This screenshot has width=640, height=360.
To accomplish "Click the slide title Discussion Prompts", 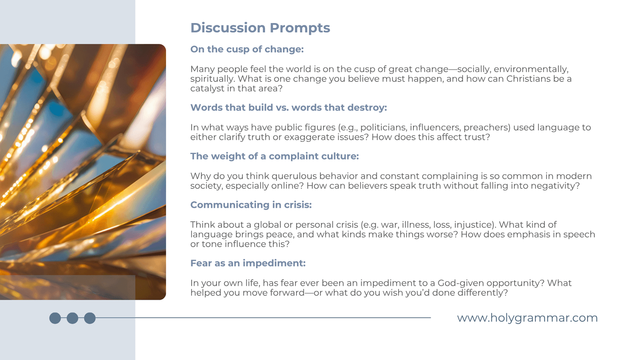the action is (x=260, y=28).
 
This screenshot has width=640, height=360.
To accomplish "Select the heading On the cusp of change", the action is (x=247, y=49).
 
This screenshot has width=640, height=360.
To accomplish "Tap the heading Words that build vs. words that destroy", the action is (x=288, y=107).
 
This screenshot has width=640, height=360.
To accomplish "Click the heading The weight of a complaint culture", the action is (x=275, y=156).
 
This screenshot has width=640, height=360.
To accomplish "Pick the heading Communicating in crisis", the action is (x=251, y=205).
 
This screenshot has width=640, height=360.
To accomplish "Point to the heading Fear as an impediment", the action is (x=248, y=263).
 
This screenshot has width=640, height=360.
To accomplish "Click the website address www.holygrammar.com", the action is (x=527, y=318).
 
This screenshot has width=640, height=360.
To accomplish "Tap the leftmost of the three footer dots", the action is (x=55, y=318).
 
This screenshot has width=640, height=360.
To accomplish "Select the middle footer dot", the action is (x=72, y=318).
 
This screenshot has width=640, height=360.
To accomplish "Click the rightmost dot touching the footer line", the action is (x=90, y=318).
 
